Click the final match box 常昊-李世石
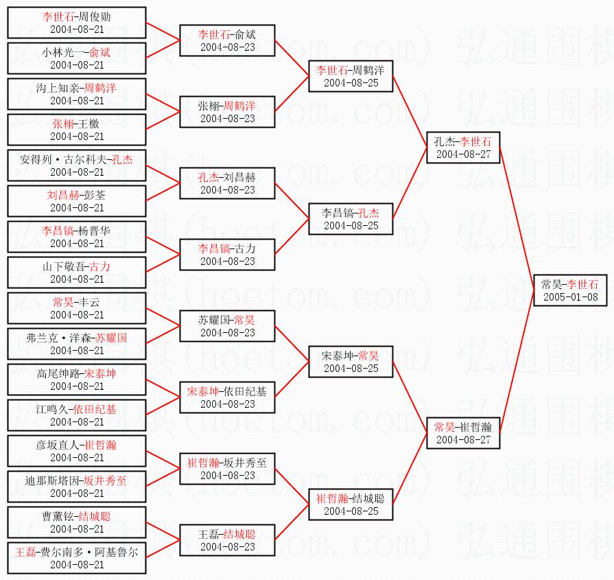click(569, 290)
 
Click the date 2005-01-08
click(569, 297)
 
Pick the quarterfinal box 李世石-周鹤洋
click(350, 76)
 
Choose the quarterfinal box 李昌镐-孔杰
click(350, 219)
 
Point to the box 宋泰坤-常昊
click(350, 362)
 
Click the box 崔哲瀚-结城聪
click(350, 504)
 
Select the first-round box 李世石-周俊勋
click(77, 23)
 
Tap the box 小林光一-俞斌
click(77, 58)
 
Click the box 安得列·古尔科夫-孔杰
click(77, 165)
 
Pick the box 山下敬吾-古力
click(77, 272)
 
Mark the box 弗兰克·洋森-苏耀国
click(77, 344)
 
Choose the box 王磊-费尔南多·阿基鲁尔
click(77, 558)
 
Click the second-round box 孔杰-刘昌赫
click(227, 183)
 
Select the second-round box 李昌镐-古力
click(227, 255)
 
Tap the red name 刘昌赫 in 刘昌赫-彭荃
click(62, 195)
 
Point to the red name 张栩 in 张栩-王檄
click(63, 124)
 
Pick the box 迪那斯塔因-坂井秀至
click(77, 487)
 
